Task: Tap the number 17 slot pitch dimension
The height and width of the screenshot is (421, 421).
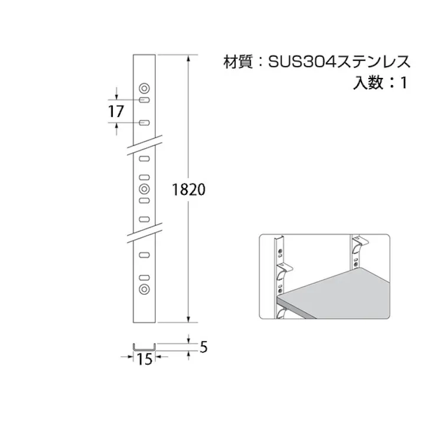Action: pos(116,110)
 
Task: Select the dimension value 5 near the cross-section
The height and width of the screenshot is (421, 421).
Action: pos(203,348)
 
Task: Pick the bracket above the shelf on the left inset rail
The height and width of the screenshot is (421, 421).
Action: pos(285,269)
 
